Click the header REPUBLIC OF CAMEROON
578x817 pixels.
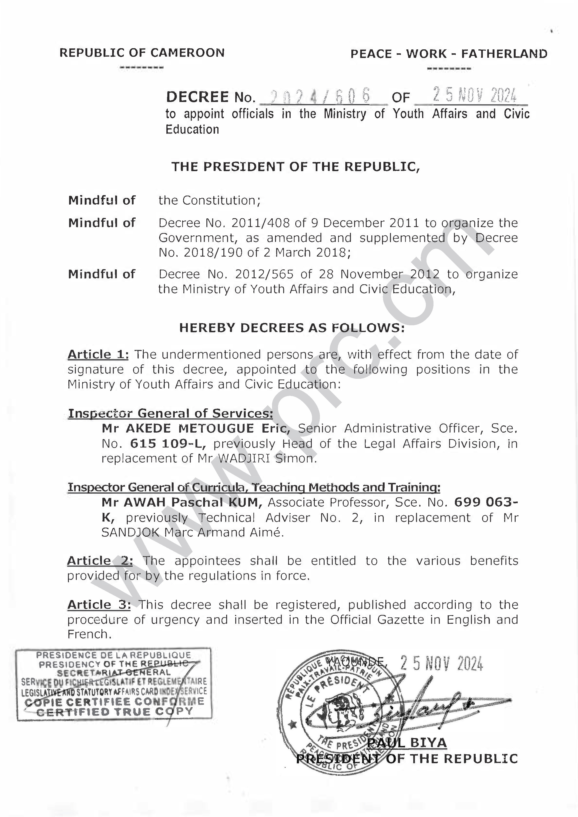click(142, 53)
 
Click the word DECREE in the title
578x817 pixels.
click(198, 97)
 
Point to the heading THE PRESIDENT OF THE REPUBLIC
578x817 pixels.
click(296, 167)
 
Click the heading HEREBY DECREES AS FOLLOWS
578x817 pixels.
click(292, 328)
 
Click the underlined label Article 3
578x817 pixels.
click(99, 605)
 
